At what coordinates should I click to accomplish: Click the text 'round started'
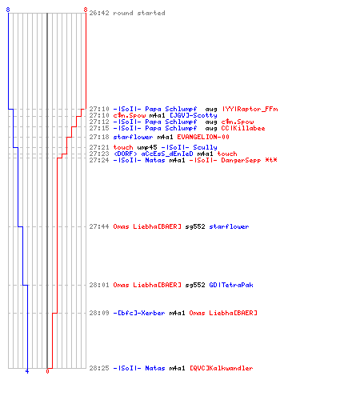pyautogui.click(x=139, y=13)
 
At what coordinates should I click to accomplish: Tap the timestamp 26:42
pyautogui.click(x=99, y=13)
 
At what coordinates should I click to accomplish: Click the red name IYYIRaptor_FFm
pyautogui.click(x=250, y=109)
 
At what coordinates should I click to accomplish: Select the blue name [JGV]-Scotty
pyautogui.click(x=194, y=115)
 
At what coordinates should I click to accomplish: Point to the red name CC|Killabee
pyautogui.click(x=243, y=128)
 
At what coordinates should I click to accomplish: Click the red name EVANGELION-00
pyautogui.click(x=203, y=137)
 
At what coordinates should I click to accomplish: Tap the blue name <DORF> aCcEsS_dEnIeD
pyautogui.click(x=153, y=154)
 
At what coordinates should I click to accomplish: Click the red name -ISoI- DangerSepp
pyautogui.click(x=225, y=160)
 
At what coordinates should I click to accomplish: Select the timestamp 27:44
pyautogui.click(x=99, y=226)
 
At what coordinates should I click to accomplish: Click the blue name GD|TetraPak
pyautogui.click(x=231, y=285)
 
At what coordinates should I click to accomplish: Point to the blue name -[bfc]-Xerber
pyautogui.click(x=139, y=313)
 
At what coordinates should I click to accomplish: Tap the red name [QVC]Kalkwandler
pyautogui.click(x=221, y=368)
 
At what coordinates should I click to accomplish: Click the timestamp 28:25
pyautogui.click(x=99, y=368)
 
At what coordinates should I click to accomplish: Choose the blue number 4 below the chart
pyautogui.click(x=27, y=371)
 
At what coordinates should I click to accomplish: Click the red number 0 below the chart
pyautogui.click(x=47, y=371)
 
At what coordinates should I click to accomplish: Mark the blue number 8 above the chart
pyautogui.click(x=8, y=10)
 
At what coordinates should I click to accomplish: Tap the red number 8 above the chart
pyautogui.click(x=86, y=10)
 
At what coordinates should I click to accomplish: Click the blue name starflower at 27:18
pyautogui.click(x=133, y=137)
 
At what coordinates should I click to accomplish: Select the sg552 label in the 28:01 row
pyautogui.click(x=195, y=285)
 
